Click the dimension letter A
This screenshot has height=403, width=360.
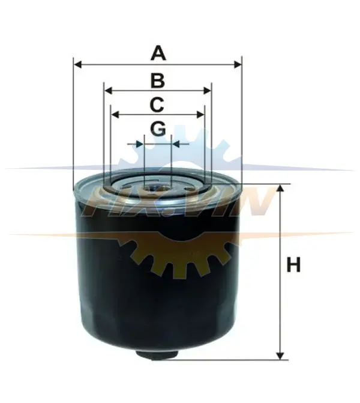158,53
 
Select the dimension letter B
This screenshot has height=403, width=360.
158,80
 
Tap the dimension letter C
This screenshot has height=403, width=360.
157,105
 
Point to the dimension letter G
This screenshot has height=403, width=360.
158,129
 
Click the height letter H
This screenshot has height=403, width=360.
293,264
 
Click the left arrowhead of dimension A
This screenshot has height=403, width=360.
77,64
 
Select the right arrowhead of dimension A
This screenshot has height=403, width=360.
238,64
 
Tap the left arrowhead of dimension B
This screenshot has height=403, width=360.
108,91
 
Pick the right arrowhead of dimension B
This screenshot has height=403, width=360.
207,91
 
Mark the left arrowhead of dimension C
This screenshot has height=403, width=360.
115,115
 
